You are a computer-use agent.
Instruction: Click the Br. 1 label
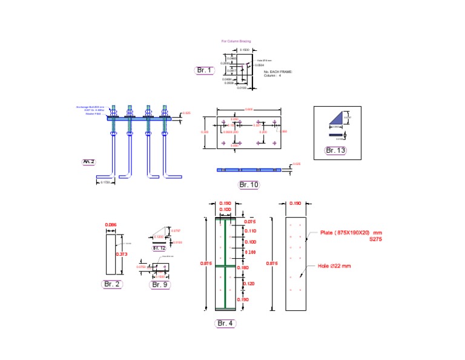coord(205,70)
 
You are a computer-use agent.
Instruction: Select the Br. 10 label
coord(248,184)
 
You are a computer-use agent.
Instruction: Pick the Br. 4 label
coord(225,323)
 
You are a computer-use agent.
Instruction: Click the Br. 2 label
coord(112,284)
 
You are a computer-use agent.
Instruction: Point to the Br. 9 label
coord(159,284)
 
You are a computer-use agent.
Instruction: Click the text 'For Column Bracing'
coord(236,41)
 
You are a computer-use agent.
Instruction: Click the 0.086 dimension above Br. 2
coord(110,225)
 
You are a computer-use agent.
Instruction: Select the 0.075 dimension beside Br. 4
coord(250,222)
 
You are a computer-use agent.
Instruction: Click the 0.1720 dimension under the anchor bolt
coord(105,183)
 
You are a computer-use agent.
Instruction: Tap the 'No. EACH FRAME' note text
coord(278,72)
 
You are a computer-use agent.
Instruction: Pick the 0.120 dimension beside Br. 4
coord(249,283)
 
